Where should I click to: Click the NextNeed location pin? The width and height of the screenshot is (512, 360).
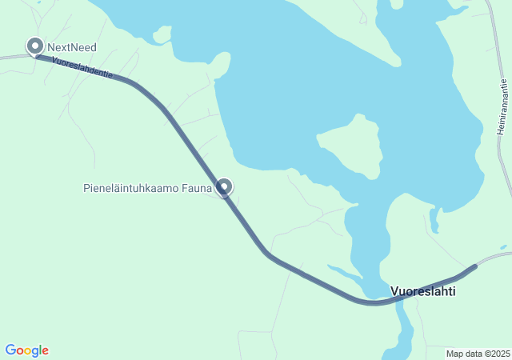click(35, 46)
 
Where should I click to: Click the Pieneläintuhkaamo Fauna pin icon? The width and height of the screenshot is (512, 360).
click(224, 186)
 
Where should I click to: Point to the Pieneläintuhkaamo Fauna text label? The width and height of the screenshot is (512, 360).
click(148, 189)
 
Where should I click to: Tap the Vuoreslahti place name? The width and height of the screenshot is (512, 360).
click(422, 291)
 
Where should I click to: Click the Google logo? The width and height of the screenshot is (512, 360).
click(26, 350)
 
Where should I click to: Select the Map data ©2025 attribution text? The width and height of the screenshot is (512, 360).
click(478, 354)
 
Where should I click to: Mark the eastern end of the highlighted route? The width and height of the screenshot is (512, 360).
click(474, 266)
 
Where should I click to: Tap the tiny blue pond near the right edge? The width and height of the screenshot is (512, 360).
click(502, 247)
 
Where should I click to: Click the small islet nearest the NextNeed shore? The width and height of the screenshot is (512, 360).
click(162, 34)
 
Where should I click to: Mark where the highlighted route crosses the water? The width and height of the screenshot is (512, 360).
click(373, 302)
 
